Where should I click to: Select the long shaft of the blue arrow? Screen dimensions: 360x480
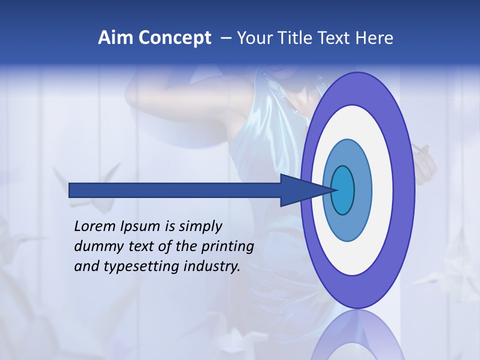(x=175, y=190)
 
